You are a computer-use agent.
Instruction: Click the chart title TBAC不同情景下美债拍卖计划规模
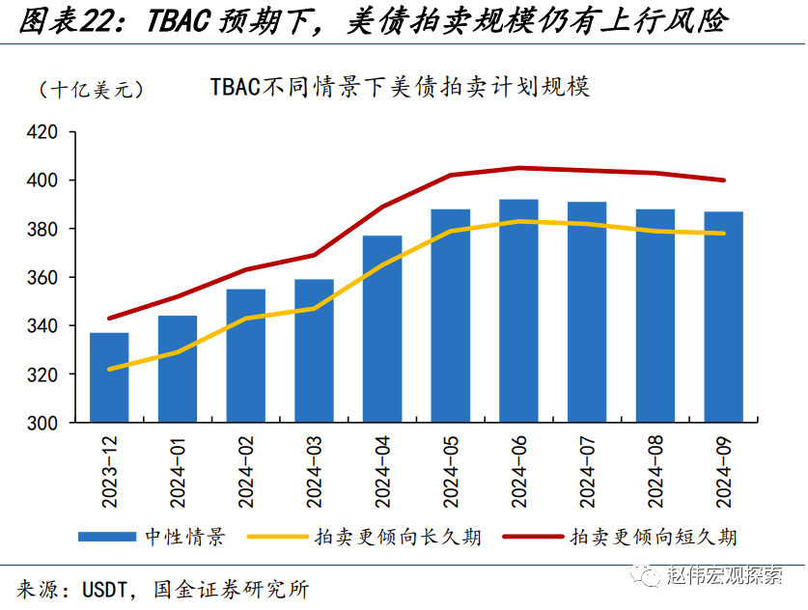click(x=400, y=87)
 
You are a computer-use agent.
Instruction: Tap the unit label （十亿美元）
click(x=92, y=89)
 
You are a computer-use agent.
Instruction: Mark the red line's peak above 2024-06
click(x=518, y=168)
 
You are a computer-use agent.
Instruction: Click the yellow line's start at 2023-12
click(x=109, y=369)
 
